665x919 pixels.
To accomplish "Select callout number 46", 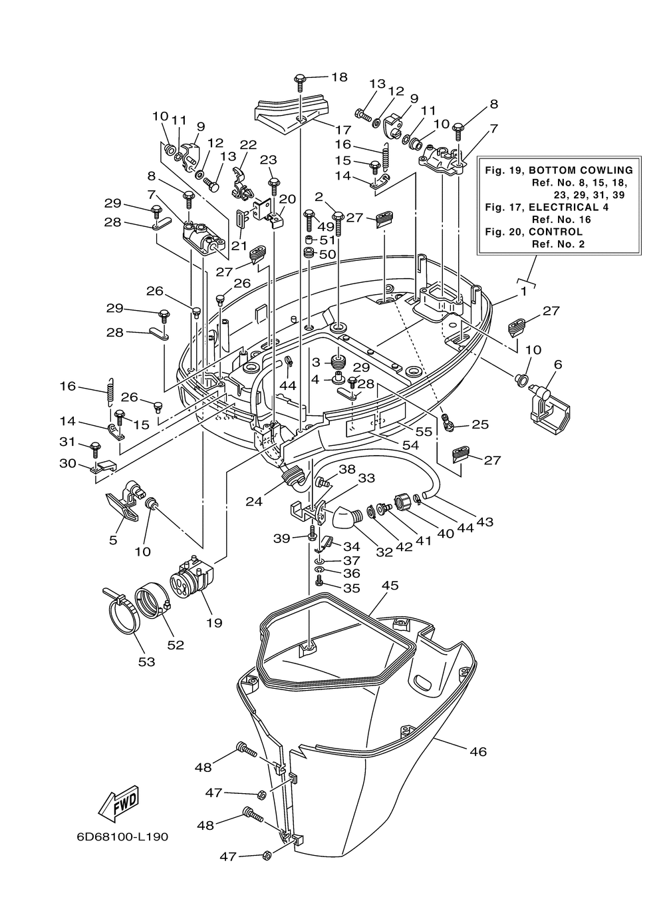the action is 477,751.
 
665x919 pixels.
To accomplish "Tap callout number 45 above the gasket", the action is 390,585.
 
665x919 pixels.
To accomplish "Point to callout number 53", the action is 147,661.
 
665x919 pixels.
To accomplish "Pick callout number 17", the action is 344,130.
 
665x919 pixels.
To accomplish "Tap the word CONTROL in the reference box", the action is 555,232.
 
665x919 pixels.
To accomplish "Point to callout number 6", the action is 558,364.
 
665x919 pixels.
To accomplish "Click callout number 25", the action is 480,424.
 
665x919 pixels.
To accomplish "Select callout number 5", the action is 113,540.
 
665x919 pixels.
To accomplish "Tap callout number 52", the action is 176,645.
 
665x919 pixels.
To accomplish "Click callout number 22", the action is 248,145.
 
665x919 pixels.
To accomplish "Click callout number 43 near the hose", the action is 484,522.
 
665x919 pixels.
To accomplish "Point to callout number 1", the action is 523,291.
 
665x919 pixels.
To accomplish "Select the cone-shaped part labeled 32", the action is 346,517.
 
